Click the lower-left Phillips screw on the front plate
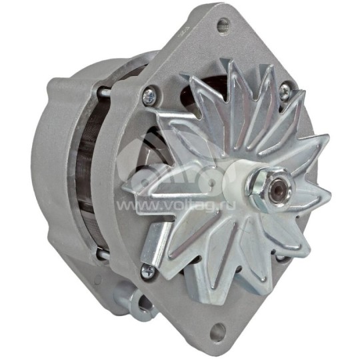[147, 270]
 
